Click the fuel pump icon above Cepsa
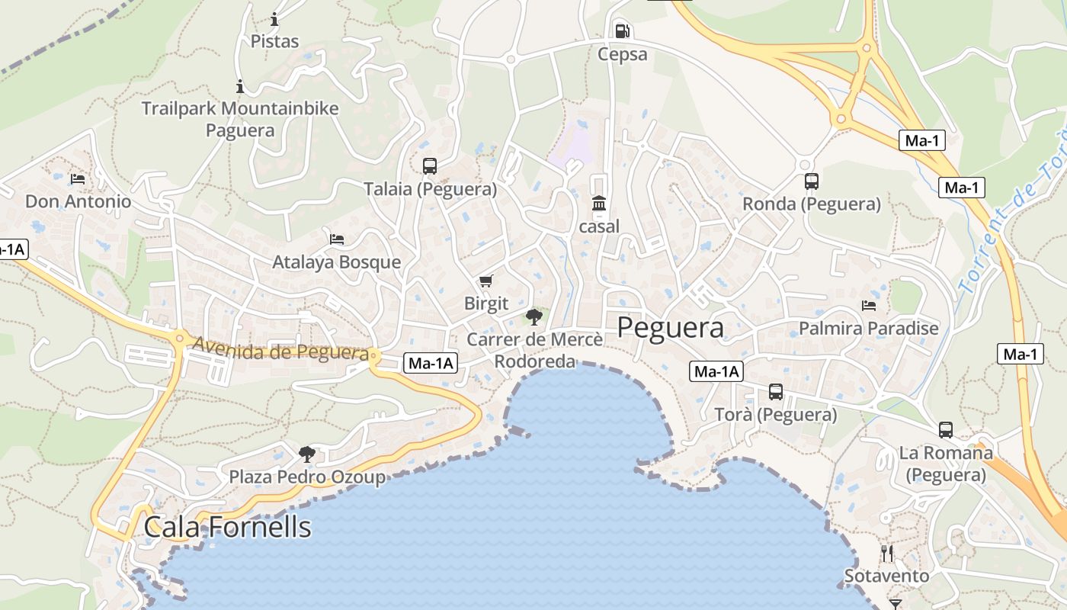point(622,30)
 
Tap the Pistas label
point(274,41)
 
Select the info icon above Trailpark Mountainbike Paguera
point(240,86)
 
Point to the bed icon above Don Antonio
point(78,179)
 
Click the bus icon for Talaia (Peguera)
point(430,165)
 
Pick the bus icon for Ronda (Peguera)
point(812,181)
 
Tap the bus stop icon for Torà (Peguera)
point(776,392)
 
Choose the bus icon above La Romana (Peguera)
point(946,429)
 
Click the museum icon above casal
point(599,204)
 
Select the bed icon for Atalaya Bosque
point(337,239)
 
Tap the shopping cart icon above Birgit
point(486,281)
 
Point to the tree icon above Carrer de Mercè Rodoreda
point(534,316)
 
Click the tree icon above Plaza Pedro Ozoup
point(307,454)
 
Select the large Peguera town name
point(670,328)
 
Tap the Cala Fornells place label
point(228,527)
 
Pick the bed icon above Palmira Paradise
point(869,306)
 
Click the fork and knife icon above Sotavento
point(887,553)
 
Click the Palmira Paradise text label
point(869,329)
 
